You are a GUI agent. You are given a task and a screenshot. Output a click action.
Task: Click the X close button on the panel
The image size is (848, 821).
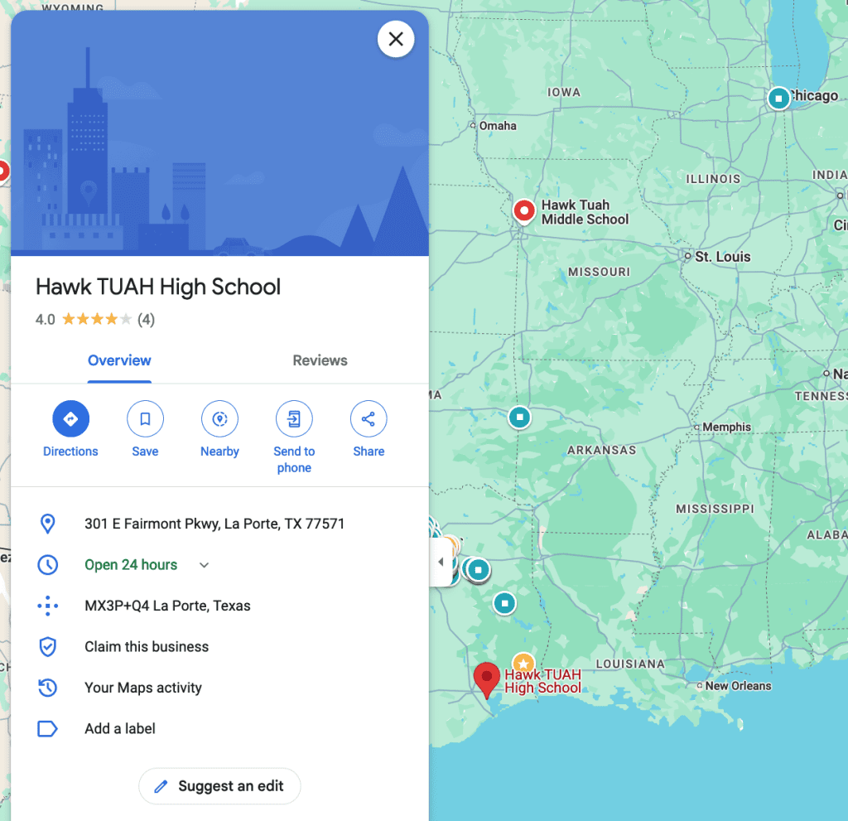(x=396, y=39)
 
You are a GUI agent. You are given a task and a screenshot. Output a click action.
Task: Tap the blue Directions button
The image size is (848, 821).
(x=70, y=419)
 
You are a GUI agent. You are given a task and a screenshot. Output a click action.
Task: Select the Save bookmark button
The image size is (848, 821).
(x=145, y=419)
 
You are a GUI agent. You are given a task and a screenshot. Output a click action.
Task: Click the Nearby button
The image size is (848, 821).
(x=219, y=419)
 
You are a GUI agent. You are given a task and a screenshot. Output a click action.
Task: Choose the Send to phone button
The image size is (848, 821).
(x=294, y=419)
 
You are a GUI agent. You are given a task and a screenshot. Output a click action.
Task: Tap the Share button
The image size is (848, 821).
(x=369, y=419)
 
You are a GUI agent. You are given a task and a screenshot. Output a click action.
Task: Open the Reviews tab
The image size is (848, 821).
(x=320, y=360)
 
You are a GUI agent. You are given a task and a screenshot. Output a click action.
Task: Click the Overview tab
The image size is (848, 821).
(x=119, y=360)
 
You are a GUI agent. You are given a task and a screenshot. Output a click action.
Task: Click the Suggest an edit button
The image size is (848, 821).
(x=219, y=786)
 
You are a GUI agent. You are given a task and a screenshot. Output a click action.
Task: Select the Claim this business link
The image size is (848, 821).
(x=147, y=647)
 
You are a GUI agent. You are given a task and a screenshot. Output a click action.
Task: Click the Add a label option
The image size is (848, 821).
(x=120, y=729)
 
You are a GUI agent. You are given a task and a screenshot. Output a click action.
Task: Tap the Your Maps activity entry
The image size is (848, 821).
(x=143, y=688)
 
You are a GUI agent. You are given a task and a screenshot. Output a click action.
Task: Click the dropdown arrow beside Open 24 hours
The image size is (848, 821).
(x=205, y=565)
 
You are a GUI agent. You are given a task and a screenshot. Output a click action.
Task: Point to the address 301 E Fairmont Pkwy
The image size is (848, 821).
(x=214, y=524)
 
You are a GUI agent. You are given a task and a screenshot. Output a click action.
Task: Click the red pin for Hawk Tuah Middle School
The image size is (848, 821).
(x=523, y=211)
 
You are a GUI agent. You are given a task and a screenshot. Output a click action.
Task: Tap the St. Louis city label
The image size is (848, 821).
(x=722, y=257)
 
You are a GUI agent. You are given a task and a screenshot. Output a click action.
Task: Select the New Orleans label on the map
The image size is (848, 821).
(x=738, y=686)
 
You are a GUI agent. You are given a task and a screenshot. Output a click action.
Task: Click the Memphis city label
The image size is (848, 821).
(x=726, y=427)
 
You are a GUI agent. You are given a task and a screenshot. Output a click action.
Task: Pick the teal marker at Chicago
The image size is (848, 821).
(x=778, y=99)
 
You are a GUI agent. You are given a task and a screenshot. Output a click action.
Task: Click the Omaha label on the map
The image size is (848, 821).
(x=498, y=126)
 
